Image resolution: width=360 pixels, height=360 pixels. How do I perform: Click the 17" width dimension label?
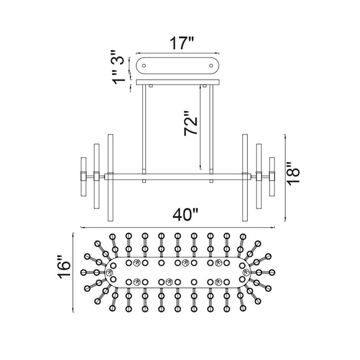(182, 44)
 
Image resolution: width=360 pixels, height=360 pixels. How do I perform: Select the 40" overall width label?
(185, 215)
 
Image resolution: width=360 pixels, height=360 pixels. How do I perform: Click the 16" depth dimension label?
(64, 267)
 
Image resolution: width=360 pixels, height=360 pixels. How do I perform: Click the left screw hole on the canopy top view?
(144, 66)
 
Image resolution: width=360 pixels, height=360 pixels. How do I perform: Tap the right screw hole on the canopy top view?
(211, 66)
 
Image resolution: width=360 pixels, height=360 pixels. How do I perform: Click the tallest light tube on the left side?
(111, 177)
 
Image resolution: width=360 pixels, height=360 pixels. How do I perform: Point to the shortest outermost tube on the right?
(272, 177)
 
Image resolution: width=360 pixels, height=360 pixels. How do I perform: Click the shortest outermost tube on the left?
(84, 177)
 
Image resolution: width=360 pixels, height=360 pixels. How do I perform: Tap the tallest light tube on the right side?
(245, 177)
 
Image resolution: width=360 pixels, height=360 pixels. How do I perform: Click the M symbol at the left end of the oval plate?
(109, 272)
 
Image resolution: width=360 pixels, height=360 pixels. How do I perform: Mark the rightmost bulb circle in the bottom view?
(272, 272)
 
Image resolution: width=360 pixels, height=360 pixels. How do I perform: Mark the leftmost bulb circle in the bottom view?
(84, 272)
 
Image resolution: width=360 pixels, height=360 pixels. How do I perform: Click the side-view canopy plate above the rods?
(178, 82)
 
